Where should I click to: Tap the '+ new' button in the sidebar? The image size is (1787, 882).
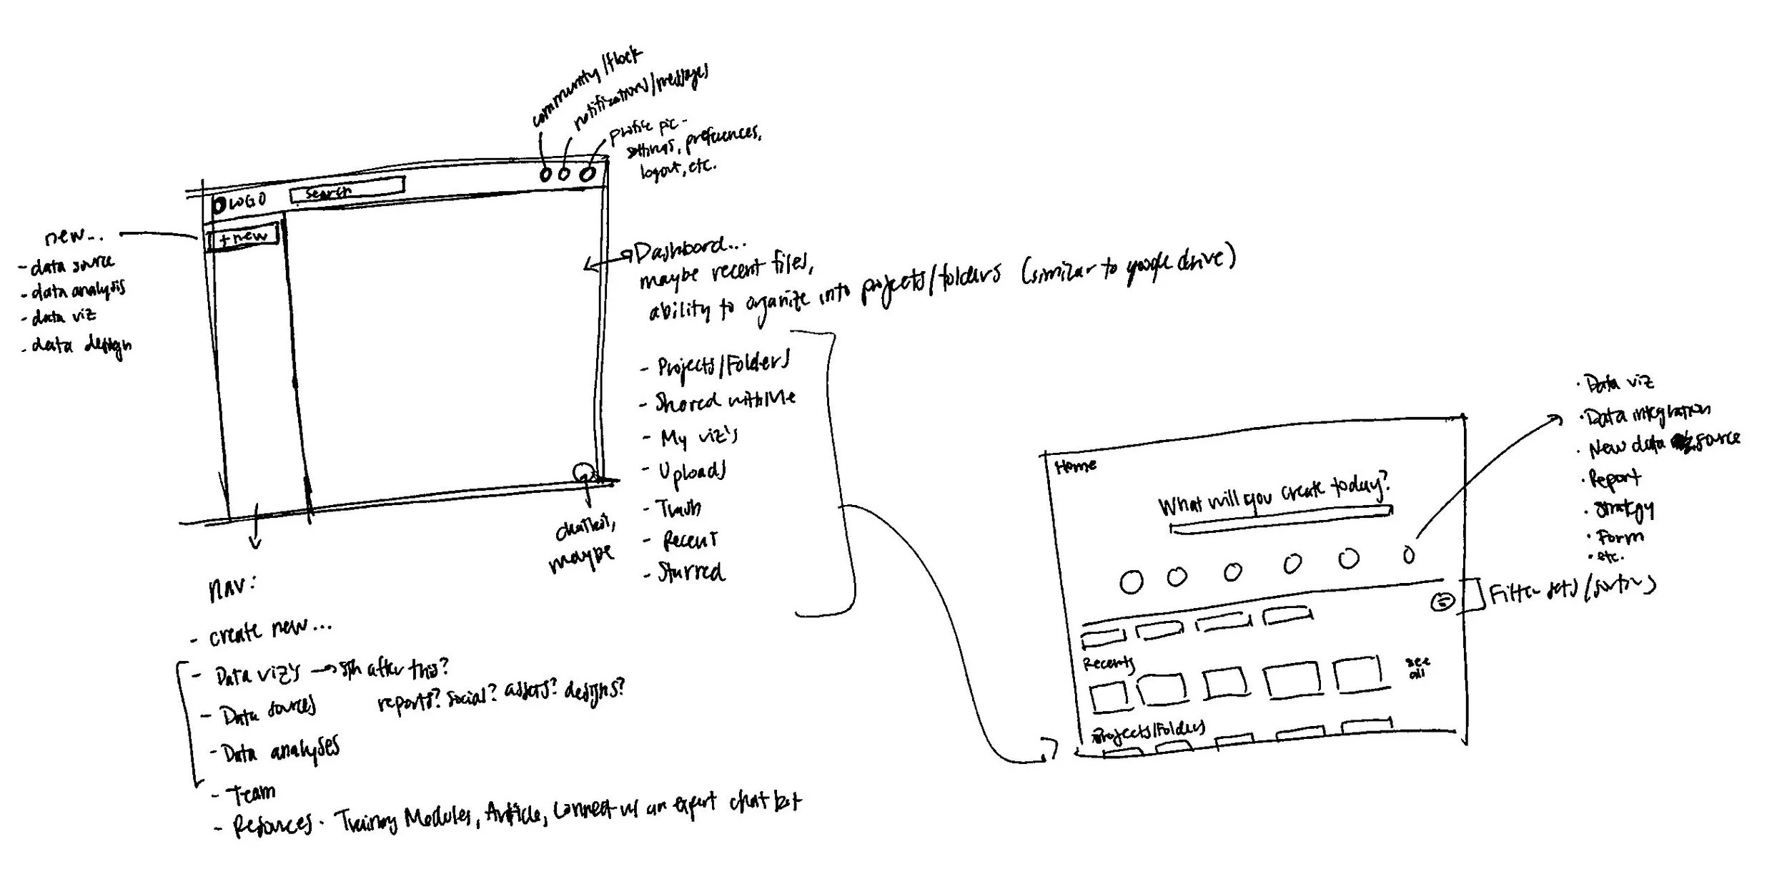point(242,237)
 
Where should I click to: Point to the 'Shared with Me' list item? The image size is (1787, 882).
point(725,401)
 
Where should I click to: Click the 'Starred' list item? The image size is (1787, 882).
point(690,572)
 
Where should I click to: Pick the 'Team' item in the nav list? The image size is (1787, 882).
point(251,793)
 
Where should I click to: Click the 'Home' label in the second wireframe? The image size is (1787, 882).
point(1075,467)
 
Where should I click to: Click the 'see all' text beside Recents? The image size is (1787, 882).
point(1417,667)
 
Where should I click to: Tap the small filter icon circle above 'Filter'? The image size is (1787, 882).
point(1442,602)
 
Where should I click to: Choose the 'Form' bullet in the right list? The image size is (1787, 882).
point(1620,536)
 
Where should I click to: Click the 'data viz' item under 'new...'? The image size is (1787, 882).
point(64,316)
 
